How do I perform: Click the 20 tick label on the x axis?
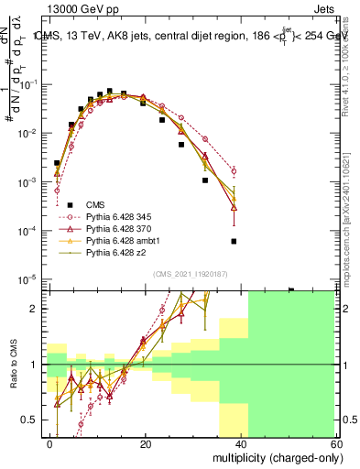coord(145,443)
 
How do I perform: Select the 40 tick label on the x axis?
coord(240,443)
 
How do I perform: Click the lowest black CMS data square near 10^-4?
coord(234,241)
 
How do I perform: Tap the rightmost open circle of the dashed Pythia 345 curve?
coord(234,171)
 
